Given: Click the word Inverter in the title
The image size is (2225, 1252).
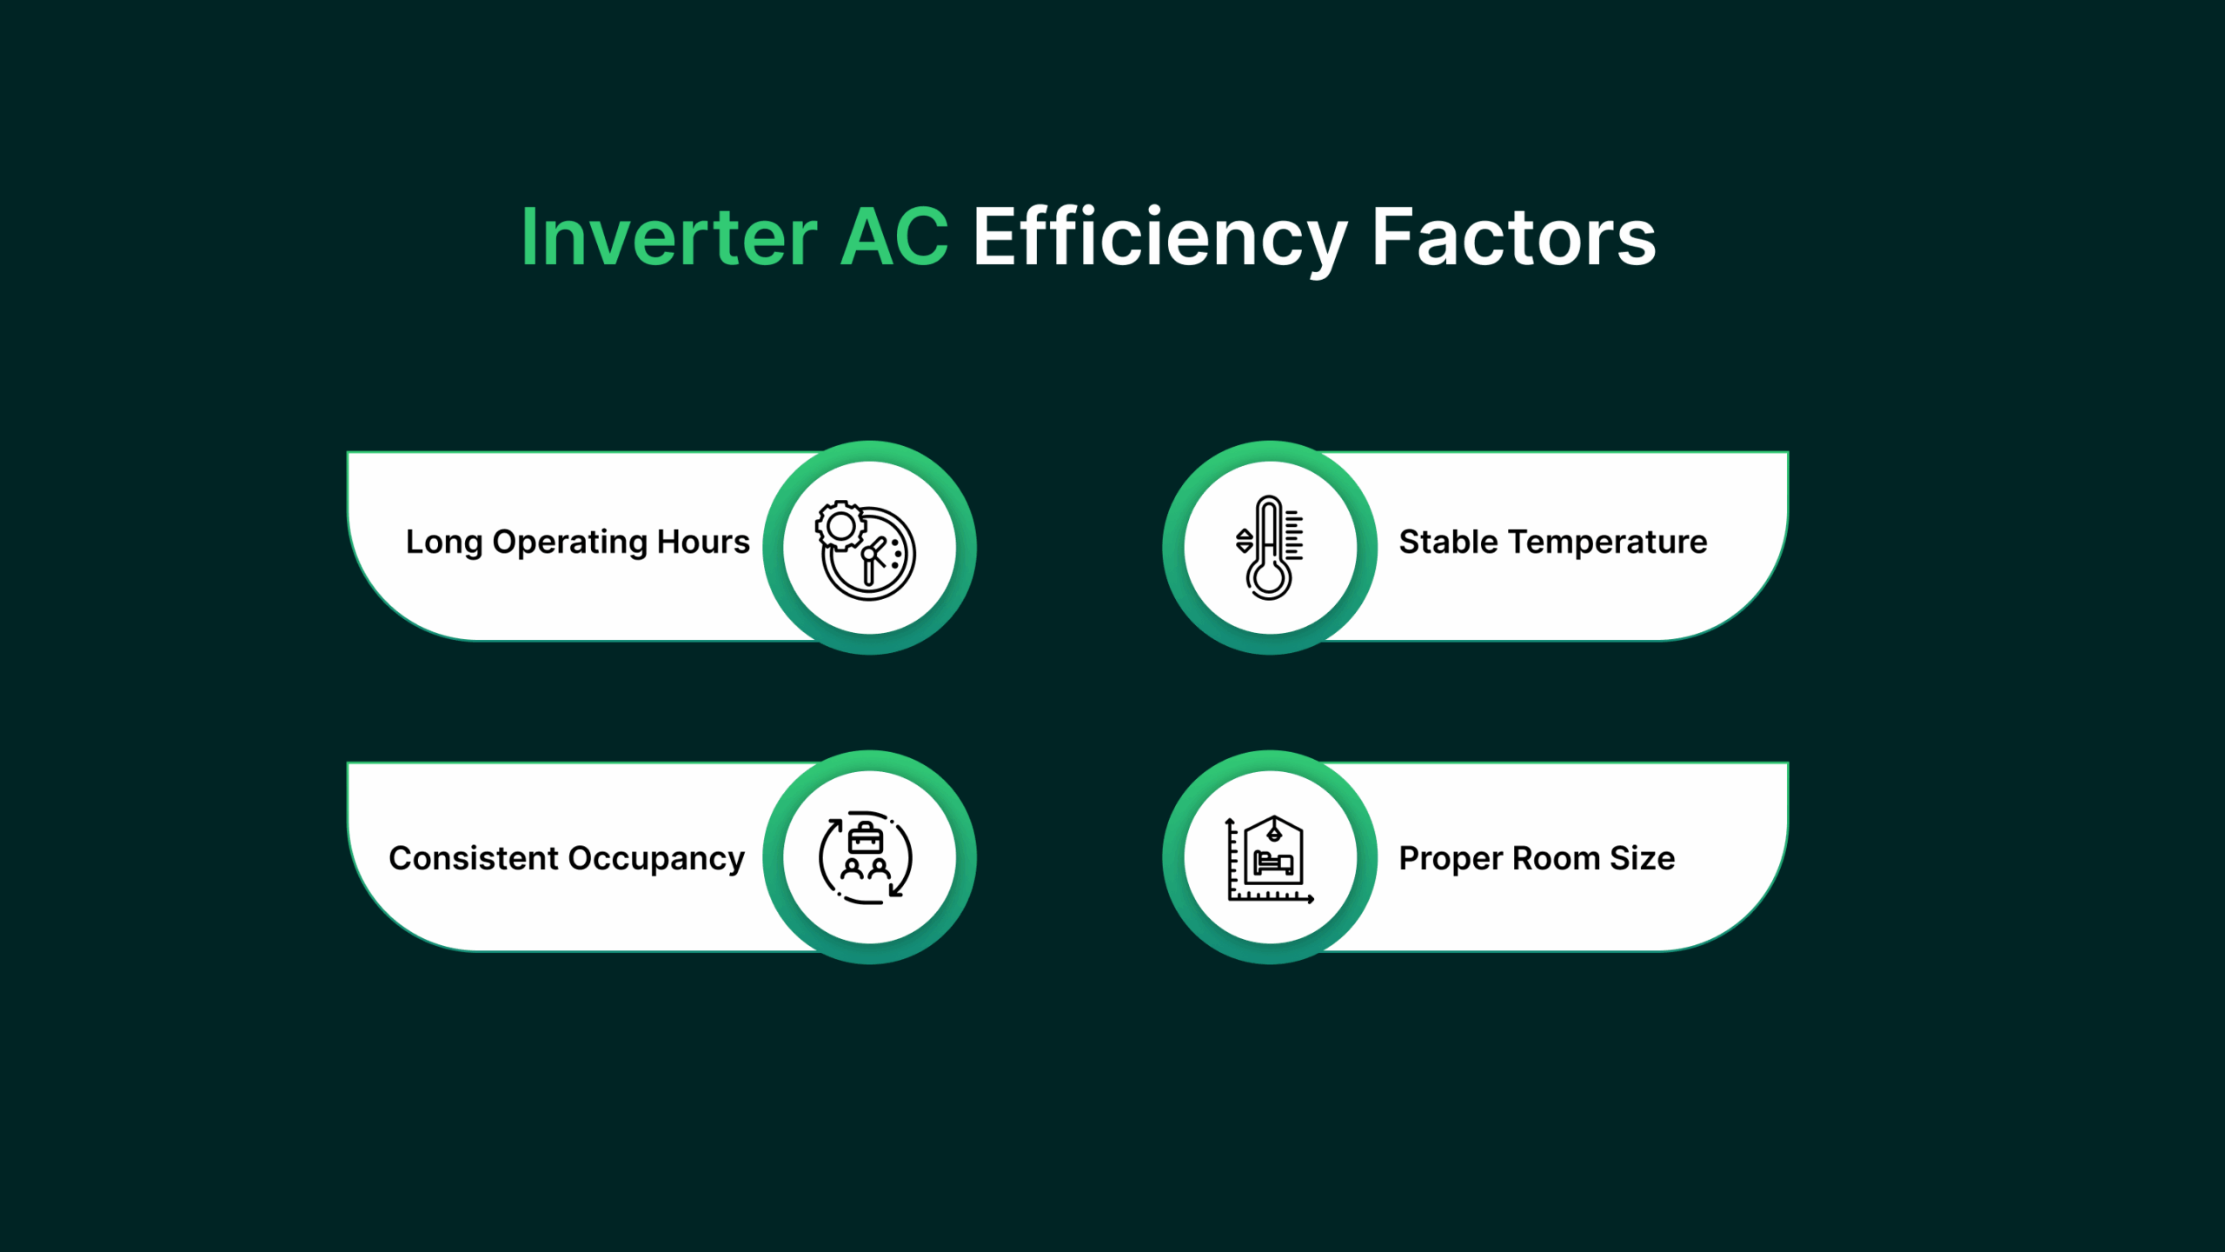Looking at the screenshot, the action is [669, 236].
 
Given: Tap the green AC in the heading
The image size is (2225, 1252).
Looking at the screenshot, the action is [894, 236].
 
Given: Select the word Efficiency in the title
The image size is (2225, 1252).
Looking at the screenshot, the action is [1159, 240].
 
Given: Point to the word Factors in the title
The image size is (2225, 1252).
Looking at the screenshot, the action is [1513, 236].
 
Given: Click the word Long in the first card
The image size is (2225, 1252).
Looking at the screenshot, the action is [443, 543].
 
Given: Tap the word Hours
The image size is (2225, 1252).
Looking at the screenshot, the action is [703, 541].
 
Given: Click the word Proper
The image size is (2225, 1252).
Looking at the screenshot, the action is [1450, 859].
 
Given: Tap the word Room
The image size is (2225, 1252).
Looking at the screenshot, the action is [1556, 858].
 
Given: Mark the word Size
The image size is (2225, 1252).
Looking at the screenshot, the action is [1642, 858].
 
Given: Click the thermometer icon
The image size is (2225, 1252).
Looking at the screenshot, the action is [1269, 548].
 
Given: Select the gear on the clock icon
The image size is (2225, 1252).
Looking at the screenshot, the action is [840, 526].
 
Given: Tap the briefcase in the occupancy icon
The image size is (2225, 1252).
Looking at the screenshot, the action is [866, 838].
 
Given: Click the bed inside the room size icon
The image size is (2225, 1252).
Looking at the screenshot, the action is [1274, 862].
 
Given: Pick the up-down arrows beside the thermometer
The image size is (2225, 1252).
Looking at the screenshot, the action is [1245, 541].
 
